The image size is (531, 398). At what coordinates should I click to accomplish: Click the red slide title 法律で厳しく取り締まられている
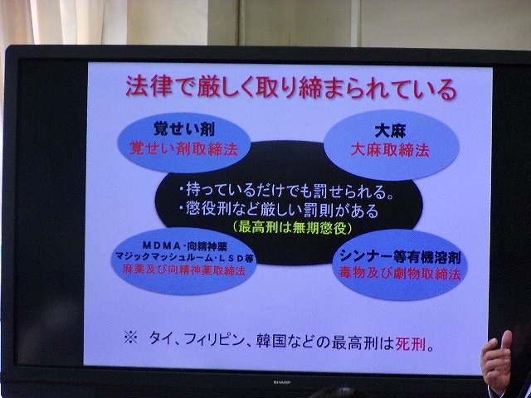[291, 89]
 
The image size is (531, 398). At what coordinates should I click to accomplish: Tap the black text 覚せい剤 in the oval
[183, 129]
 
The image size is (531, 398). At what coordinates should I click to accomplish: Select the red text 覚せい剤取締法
[183, 148]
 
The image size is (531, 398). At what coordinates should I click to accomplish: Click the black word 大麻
[390, 131]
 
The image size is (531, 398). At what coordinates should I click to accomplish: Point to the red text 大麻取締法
[389, 150]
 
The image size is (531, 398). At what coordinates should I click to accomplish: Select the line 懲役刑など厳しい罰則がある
[279, 211]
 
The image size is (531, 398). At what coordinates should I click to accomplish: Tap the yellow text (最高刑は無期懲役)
[293, 228]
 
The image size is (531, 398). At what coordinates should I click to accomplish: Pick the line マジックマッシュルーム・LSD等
[184, 257]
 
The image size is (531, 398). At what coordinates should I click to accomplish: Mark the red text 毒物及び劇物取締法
[400, 274]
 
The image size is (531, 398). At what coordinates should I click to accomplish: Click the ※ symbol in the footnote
[130, 337]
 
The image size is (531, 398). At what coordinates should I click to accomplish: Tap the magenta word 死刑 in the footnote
[410, 345]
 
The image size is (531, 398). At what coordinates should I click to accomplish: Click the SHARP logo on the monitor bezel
[280, 382]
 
